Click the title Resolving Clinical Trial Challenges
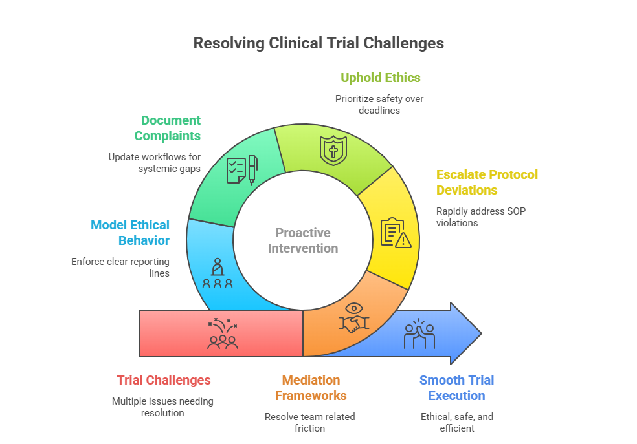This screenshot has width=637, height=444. click(318, 43)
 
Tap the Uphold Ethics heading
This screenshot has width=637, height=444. click(381, 78)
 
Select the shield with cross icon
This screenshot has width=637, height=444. click(333, 150)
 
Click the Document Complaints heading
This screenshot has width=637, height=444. click(171, 128)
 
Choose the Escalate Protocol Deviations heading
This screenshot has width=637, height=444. click(487, 182)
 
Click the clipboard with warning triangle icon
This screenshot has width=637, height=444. click(396, 233)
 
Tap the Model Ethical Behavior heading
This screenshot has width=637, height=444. click(130, 233)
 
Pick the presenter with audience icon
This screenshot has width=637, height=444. click(218, 273)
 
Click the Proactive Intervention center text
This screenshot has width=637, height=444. click(303, 240)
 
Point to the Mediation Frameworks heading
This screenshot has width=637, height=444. click(311, 388)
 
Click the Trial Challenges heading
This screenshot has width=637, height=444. click(164, 380)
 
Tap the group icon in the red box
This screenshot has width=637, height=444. click(222, 334)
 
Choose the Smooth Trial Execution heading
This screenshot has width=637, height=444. click(456, 388)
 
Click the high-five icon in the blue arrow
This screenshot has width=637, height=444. click(419, 333)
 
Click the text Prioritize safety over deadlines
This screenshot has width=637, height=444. click(379, 105)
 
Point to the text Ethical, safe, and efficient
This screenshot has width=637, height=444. click(456, 422)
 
